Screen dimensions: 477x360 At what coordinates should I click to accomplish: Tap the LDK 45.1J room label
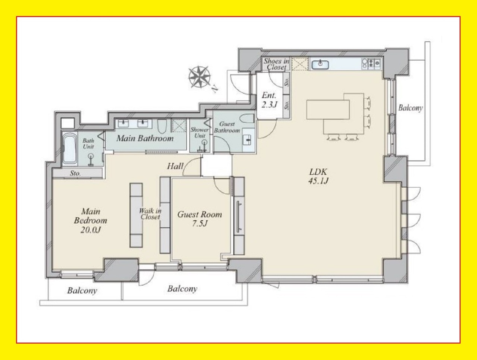click(318, 176)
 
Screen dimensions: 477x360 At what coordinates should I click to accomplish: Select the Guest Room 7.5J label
click(200, 219)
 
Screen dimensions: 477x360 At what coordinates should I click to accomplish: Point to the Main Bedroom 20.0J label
click(90, 220)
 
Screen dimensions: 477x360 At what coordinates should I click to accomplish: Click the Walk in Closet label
click(150, 214)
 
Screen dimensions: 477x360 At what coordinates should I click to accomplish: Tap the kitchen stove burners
click(371, 64)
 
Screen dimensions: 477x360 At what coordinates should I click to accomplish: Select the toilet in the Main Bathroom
click(162, 126)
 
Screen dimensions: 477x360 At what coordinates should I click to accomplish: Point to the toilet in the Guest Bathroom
click(247, 119)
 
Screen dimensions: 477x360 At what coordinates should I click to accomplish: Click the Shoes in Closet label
click(276, 64)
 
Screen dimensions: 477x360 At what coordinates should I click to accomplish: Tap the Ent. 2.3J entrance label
click(269, 100)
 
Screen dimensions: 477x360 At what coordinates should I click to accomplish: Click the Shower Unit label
click(200, 133)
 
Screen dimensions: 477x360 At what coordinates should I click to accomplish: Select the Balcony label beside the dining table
click(410, 108)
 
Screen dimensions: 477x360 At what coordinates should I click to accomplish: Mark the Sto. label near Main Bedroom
click(75, 174)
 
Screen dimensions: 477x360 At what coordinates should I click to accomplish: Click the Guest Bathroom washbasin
click(248, 140)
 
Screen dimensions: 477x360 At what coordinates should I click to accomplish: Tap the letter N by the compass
click(215, 89)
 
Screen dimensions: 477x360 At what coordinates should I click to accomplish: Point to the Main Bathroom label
click(145, 138)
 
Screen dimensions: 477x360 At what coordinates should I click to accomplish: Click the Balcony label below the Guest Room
click(182, 288)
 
